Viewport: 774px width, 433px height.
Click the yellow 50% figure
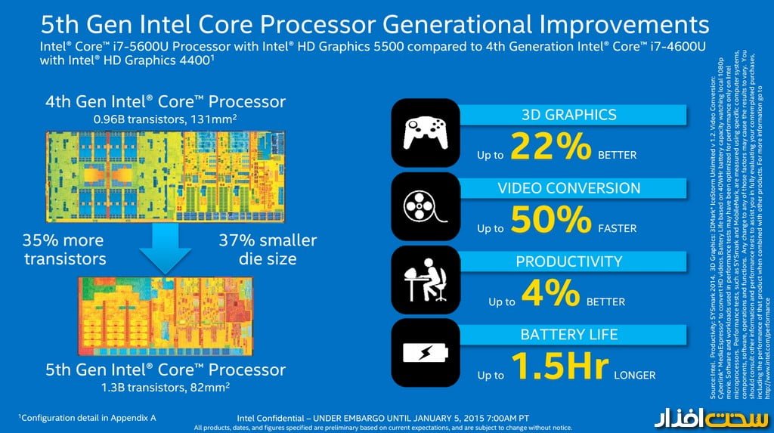pyautogui.click(x=550, y=220)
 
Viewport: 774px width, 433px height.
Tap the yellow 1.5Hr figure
pyautogui.click(x=559, y=367)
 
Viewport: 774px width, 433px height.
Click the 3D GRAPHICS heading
pyautogui.click(x=569, y=115)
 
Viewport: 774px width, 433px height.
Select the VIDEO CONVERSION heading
pyautogui.click(x=569, y=188)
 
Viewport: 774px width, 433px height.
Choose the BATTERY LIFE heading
pyautogui.click(x=569, y=334)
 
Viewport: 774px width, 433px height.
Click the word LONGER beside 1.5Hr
pyautogui.click(x=634, y=375)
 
